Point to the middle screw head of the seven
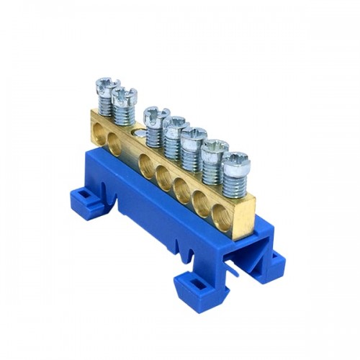click(x=175, y=123)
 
